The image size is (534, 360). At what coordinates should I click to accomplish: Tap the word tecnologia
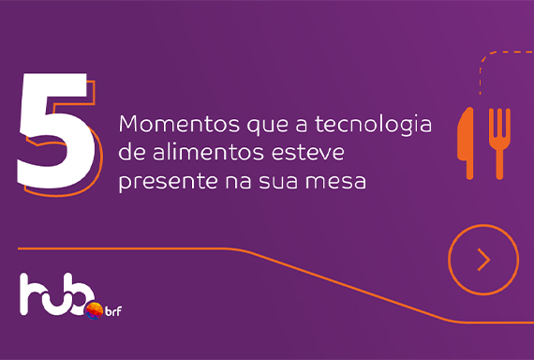click(x=373, y=126)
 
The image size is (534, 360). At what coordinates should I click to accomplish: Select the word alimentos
click(x=208, y=153)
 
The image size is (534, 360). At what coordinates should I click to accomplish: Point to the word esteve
click(x=308, y=153)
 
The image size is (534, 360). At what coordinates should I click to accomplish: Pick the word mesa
click(x=335, y=182)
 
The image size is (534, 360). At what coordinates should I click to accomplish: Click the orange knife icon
click(x=467, y=143)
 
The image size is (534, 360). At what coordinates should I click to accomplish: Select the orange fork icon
click(x=499, y=143)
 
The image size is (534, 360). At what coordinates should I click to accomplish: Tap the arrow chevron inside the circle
click(x=483, y=260)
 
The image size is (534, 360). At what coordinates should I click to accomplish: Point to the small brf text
click(x=113, y=311)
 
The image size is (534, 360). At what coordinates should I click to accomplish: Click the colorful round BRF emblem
click(x=94, y=310)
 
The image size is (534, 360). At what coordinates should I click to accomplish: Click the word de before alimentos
click(x=132, y=153)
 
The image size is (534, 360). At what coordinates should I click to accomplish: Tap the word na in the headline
click(x=238, y=182)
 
